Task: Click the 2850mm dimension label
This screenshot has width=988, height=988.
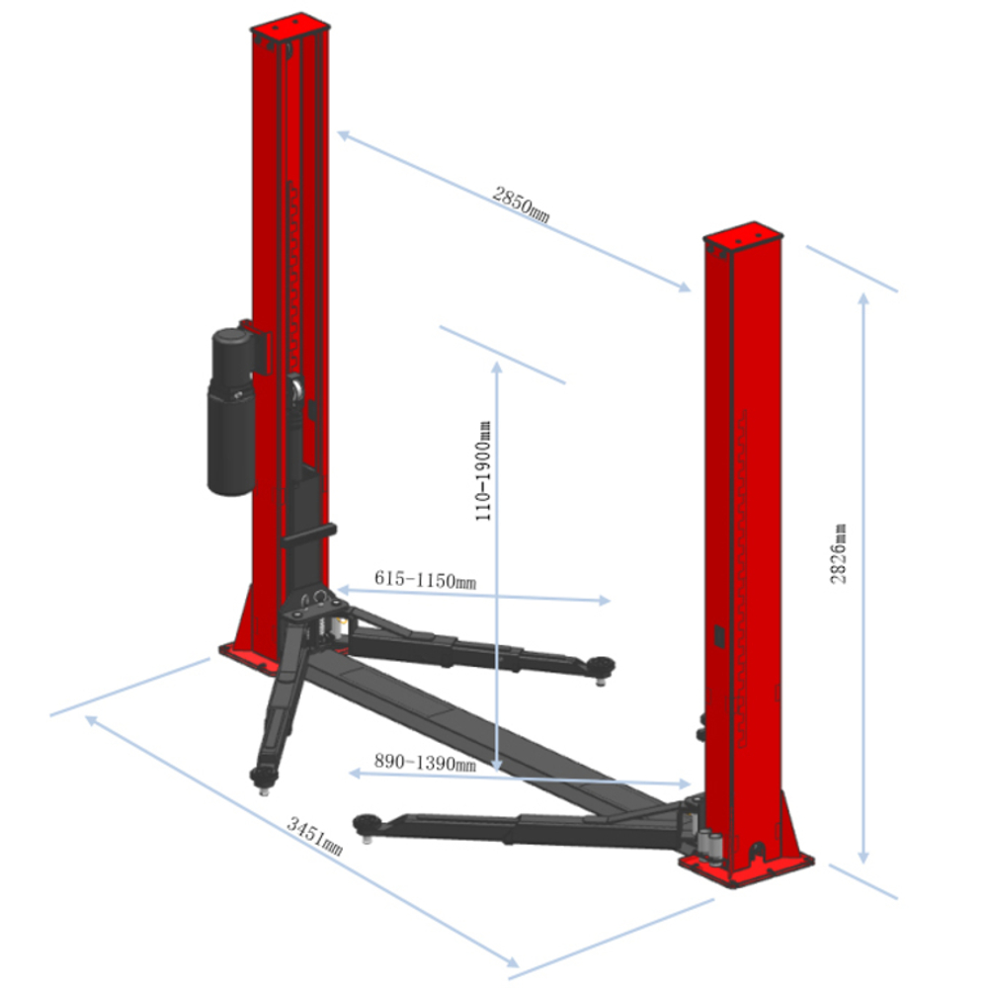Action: click(x=521, y=205)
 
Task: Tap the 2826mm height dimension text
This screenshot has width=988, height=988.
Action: click(x=838, y=554)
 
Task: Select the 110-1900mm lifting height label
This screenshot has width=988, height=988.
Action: click(x=483, y=470)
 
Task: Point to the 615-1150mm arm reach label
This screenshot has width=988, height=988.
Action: click(x=425, y=579)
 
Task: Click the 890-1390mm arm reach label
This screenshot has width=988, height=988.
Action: click(x=425, y=763)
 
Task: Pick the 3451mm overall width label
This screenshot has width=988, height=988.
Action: click(x=315, y=836)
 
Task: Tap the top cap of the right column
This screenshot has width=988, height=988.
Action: click(x=743, y=236)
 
